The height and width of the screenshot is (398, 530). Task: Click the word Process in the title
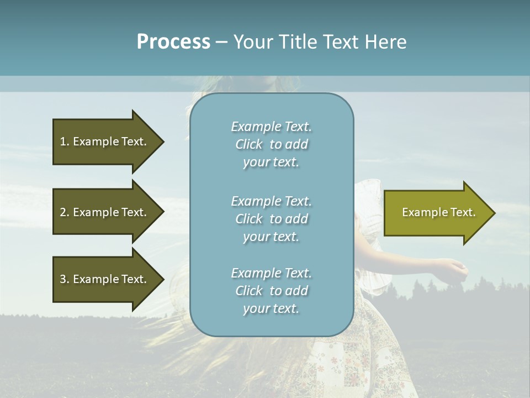tap(173, 42)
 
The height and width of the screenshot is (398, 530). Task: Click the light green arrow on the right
tap(436, 213)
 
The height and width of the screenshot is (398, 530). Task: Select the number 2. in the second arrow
tap(64, 212)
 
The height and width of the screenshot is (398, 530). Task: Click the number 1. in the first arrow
tap(64, 142)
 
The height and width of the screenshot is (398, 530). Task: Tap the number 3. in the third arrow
tap(64, 279)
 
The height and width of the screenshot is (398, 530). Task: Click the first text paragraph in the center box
tap(271, 144)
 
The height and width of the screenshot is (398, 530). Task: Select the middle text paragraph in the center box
tap(271, 219)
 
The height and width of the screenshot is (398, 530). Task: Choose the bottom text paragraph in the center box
tap(271, 291)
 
